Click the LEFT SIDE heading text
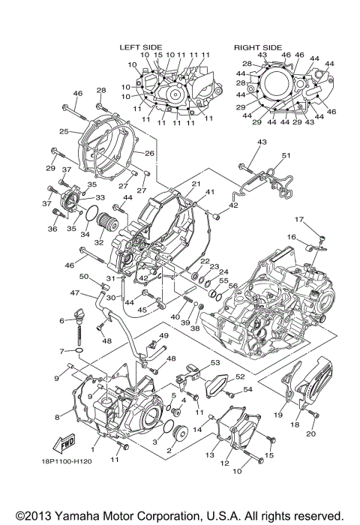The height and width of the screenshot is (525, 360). [141, 46]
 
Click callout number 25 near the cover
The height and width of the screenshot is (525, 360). [64, 132]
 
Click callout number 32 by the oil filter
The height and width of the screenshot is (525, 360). [98, 243]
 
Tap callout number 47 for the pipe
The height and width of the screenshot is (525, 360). [74, 293]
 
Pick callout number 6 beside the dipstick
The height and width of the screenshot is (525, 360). [61, 320]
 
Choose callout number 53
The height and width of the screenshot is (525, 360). [215, 362]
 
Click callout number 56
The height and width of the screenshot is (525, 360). [232, 286]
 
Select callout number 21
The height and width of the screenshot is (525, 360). [195, 184]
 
